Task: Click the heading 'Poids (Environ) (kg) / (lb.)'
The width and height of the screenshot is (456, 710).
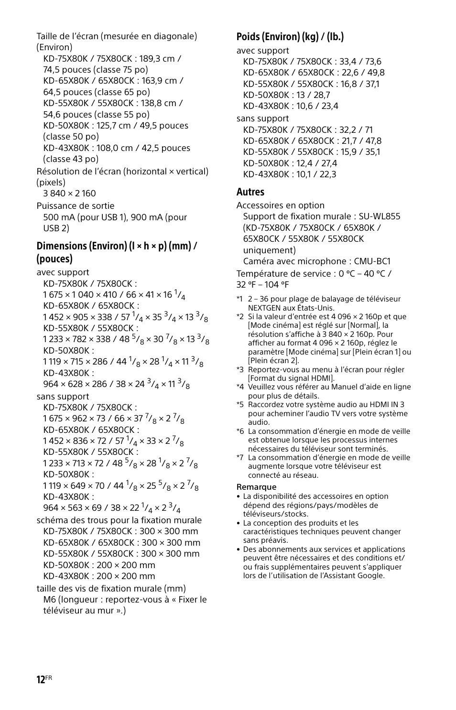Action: point(290,37)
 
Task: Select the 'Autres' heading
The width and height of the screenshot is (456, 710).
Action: point(250,192)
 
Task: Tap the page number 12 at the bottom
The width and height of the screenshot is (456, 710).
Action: point(41,679)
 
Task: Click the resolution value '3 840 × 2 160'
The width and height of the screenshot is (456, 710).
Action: point(69,194)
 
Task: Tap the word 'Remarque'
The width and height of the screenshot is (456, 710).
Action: point(256,487)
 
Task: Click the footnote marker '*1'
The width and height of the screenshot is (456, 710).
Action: point(239,299)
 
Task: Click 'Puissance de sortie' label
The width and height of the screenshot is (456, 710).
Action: point(76,206)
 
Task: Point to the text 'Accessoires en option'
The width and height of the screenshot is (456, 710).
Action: point(280,205)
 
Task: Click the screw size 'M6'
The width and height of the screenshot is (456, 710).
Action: point(49,600)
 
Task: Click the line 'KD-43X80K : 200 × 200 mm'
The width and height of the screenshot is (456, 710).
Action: point(99,576)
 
